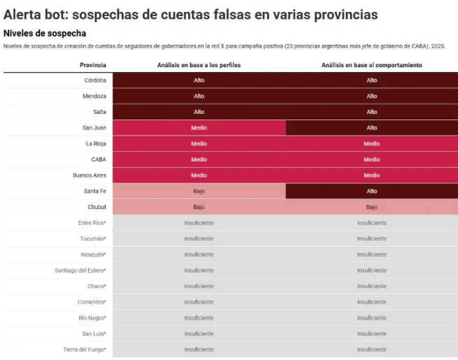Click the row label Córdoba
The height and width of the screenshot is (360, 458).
[x=95, y=80]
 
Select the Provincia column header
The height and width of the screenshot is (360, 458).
[x=93, y=65]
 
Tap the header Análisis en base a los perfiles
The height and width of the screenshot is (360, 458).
[x=199, y=65]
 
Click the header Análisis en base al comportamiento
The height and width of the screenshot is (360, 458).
[x=371, y=65]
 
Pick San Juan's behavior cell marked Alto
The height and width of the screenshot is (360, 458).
[x=371, y=128]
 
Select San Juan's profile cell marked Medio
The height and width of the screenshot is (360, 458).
[x=199, y=128]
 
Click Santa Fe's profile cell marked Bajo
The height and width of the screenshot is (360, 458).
[x=199, y=191]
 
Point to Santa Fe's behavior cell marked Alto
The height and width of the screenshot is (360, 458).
[x=371, y=191]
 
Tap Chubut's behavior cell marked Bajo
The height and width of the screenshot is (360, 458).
[x=371, y=207]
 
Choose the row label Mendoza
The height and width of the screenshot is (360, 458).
[x=94, y=96]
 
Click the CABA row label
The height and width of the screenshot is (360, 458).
[x=99, y=159]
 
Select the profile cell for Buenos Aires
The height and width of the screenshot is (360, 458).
[x=199, y=175]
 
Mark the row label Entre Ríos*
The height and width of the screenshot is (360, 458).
[x=92, y=223]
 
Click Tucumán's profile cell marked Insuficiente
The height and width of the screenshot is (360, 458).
[x=199, y=238]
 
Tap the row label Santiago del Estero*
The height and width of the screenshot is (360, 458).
[x=80, y=270]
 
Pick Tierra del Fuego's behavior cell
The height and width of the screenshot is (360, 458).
[x=371, y=349]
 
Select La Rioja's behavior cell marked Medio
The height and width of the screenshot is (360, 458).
[x=371, y=143]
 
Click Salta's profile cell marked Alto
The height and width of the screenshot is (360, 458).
[x=199, y=112]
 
